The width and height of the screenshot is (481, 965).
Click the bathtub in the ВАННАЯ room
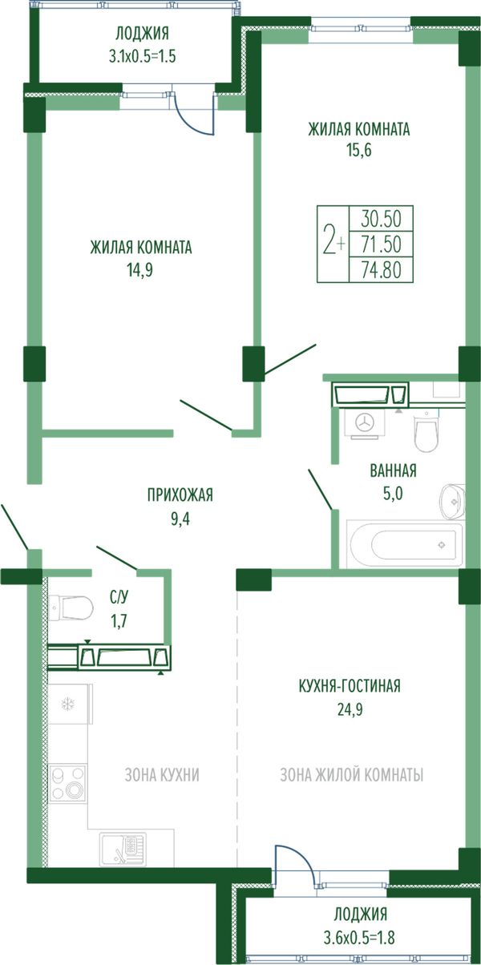[x=405, y=544]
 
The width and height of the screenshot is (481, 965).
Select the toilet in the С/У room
[x=71, y=608]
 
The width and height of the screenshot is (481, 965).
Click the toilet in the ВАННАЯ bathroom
[x=426, y=432]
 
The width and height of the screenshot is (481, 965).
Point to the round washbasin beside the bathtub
[x=453, y=501]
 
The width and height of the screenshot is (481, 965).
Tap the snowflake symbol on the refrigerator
[x=67, y=704]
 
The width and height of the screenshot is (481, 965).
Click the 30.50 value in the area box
[x=381, y=219]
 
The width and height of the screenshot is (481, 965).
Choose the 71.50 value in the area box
[x=381, y=244]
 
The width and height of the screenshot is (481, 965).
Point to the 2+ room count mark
[x=334, y=244]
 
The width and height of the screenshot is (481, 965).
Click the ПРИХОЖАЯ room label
[x=180, y=495]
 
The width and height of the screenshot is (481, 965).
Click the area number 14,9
[x=139, y=270]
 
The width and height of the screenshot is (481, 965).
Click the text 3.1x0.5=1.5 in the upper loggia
[x=142, y=56]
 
